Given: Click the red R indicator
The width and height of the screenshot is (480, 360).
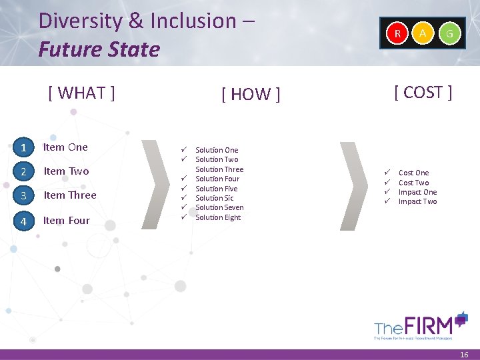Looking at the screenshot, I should [x=397, y=33].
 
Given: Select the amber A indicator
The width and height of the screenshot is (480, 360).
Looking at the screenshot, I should [x=423, y=33].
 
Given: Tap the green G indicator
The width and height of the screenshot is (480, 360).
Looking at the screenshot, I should [x=451, y=33].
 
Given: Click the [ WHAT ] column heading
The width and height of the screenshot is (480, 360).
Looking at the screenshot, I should [x=81, y=93].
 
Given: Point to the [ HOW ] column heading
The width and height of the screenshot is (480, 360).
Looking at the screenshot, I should [x=251, y=95].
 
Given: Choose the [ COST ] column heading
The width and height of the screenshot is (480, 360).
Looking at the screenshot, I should [x=423, y=93].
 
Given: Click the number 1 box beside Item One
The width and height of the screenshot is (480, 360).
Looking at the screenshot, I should [x=23, y=147].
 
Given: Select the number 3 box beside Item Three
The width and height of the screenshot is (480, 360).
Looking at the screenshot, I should [x=23, y=195].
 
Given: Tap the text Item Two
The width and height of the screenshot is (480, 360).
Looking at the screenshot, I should [x=66, y=171].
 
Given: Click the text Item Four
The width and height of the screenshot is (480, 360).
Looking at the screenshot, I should [x=67, y=221].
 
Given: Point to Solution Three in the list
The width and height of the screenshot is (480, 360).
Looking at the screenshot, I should [x=219, y=169].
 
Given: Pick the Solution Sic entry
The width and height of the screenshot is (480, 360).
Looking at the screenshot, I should [x=215, y=198].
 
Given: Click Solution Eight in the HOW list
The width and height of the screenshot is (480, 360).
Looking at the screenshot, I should [x=218, y=217].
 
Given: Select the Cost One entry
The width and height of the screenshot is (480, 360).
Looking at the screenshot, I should [x=414, y=173].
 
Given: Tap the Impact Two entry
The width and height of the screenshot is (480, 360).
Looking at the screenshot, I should [x=418, y=201].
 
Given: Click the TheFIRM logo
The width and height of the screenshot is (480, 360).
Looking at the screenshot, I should [x=421, y=326].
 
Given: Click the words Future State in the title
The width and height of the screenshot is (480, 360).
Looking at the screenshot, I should [x=99, y=49].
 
